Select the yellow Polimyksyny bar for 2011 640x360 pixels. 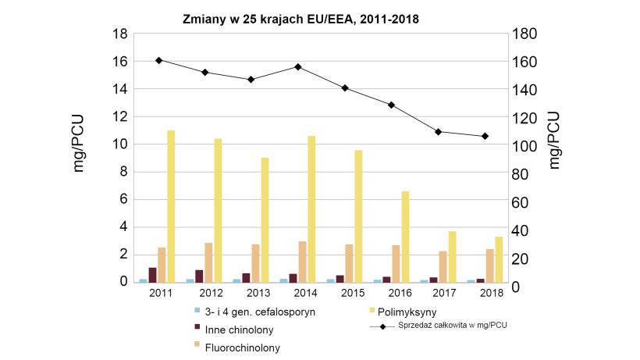[x=171, y=206]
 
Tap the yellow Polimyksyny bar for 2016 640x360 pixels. [x=405, y=237]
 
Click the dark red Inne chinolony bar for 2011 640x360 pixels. [x=152, y=275]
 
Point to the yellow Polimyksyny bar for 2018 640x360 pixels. [x=499, y=259]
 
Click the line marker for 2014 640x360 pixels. [x=298, y=67]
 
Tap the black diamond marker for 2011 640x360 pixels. [x=158, y=60]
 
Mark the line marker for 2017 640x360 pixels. [x=439, y=132]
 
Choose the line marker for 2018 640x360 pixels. [x=485, y=136]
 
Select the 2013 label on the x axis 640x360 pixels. [x=259, y=293]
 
